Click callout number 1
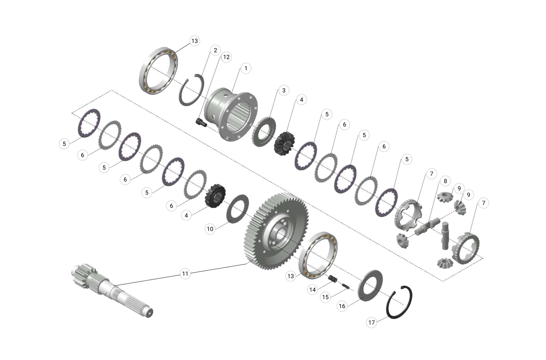point(246,68)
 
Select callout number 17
point(371,322)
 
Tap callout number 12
point(226,57)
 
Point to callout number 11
point(185,273)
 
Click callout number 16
point(342,306)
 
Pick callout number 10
point(210,229)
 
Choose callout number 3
point(283,90)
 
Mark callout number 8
point(445,181)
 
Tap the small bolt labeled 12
point(201,122)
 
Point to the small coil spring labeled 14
point(333,279)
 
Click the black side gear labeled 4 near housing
point(284,143)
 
